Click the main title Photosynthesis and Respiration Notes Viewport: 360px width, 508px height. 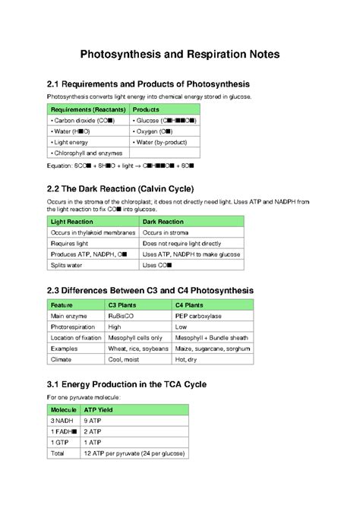point(179,55)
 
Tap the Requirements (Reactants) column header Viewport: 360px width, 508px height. point(87,109)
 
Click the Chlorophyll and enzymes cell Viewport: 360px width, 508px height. point(86,153)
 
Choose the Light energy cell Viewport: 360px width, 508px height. point(70,142)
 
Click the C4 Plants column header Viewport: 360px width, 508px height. point(194,303)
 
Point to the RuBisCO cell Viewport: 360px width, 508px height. point(125,314)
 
